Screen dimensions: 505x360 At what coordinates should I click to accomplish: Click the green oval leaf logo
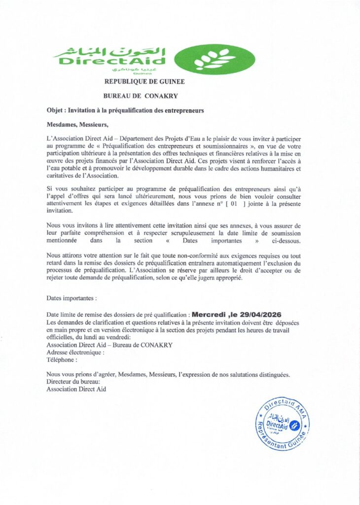pos(215,59)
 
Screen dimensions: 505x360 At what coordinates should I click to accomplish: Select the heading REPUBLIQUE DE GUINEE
pos(144,81)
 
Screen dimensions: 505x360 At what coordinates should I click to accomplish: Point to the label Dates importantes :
pos(72,298)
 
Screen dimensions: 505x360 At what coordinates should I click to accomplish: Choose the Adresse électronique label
pos(75,353)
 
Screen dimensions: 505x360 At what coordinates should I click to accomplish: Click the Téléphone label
pos(62,360)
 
